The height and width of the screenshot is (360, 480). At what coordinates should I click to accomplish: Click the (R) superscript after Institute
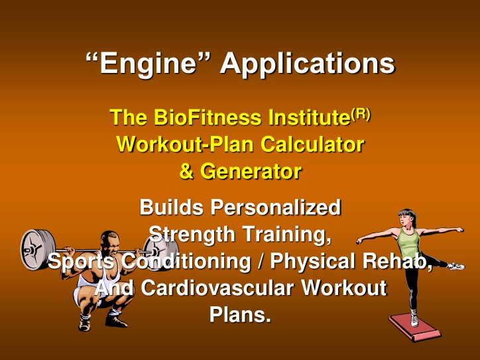pyautogui.click(x=361, y=113)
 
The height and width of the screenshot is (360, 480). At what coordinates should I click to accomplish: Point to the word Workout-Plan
pyautogui.click(x=187, y=145)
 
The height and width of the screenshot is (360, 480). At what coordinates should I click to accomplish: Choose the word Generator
pyautogui.click(x=251, y=172)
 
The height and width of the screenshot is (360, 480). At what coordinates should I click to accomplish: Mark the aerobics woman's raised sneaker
pyautogui.click(x=455, y=266)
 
